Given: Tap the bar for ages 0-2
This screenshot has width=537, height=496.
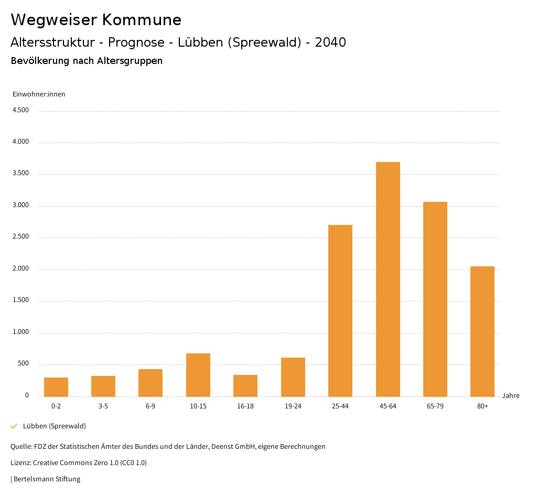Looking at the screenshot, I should [x=56, y=387].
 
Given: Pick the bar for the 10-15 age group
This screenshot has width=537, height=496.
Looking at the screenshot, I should [x=198, y=375].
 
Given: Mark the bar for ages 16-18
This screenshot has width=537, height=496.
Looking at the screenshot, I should [x=245, y=385].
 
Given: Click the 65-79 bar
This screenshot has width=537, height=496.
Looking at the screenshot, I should [x=435, y=299].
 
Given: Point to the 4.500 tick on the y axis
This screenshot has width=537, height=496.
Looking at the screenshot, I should [x=20, y=110].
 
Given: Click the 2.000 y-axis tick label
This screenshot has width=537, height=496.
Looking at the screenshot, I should [x=20, y=269].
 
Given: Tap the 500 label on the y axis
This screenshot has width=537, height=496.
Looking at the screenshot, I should [x=23, y=364].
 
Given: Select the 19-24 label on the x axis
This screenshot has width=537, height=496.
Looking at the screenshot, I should [x=293, y=406].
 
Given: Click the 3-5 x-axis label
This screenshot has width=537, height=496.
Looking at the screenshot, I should [x=103, y=406].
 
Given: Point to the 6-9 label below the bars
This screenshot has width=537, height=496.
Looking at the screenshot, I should [x=151, y=406].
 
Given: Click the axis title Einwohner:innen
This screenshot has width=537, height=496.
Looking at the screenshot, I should [x=39, y=94].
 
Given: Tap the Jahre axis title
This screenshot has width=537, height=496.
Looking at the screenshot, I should [x=511, y=396].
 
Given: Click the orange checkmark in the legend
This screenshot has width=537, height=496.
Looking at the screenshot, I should [x=14, y=426].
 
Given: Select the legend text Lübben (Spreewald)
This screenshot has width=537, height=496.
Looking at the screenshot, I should [x=55, y=426].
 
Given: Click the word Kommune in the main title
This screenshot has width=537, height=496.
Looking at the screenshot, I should [x=142, y=20].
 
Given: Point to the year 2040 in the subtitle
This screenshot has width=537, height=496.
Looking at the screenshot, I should [x=330, y=42].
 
